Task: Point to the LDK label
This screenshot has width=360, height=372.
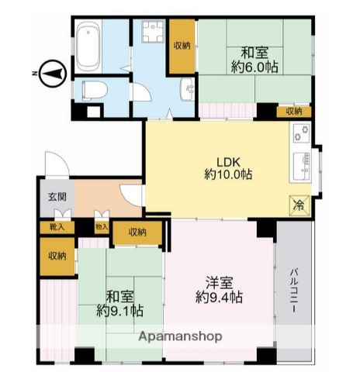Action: click(x=228, y=161)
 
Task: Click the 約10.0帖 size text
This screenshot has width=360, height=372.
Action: click(x=228, y=175)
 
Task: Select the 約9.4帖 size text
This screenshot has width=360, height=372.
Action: click(x=220, y=296)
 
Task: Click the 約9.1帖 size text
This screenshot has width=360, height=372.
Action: click(x=119, y=310)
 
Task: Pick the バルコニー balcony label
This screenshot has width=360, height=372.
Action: click(x=296, y=291)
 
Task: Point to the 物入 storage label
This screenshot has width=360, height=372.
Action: click(x=101, y=227)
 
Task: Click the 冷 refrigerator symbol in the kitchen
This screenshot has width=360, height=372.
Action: click(x=298, y=205)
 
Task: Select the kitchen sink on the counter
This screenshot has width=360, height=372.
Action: click(x=299, y=164)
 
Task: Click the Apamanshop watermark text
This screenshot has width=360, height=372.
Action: click(x=180, y=336)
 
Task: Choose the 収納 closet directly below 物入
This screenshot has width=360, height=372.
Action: click(x=137, y=232)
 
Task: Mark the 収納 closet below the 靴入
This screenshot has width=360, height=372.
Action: click(x=57, y=256)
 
